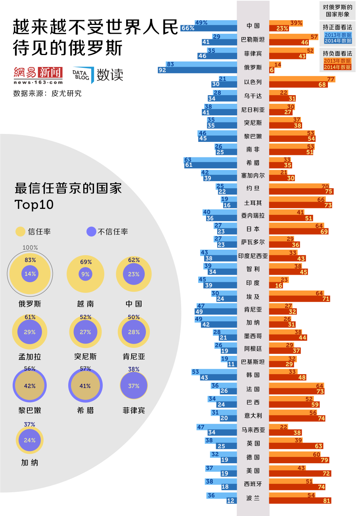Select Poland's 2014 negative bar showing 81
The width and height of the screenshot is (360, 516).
[300, 501]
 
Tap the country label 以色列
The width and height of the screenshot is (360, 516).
[253, 82]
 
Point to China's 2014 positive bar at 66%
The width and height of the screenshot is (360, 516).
[209, 28]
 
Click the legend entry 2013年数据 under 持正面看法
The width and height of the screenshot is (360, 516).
[338, 35]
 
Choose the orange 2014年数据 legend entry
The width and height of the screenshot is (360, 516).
[338, 67]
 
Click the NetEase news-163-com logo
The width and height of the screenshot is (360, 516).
[38, 75]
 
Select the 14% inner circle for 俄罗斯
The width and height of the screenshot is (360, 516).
[30, 274]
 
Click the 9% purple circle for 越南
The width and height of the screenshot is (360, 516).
[85, 274]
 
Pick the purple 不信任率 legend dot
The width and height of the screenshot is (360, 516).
[91, 231]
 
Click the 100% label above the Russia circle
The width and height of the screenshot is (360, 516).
[30, 248]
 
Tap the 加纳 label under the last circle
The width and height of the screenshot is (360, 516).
[30, 462]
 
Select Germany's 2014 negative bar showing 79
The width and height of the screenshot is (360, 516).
[299, 460]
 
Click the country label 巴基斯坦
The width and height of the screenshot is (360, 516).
[253, 362]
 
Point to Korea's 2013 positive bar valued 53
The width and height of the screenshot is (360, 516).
[214, 372]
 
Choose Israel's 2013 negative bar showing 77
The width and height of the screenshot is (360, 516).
[303, 79]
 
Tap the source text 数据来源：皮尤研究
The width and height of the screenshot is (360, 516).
[48, 94]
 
